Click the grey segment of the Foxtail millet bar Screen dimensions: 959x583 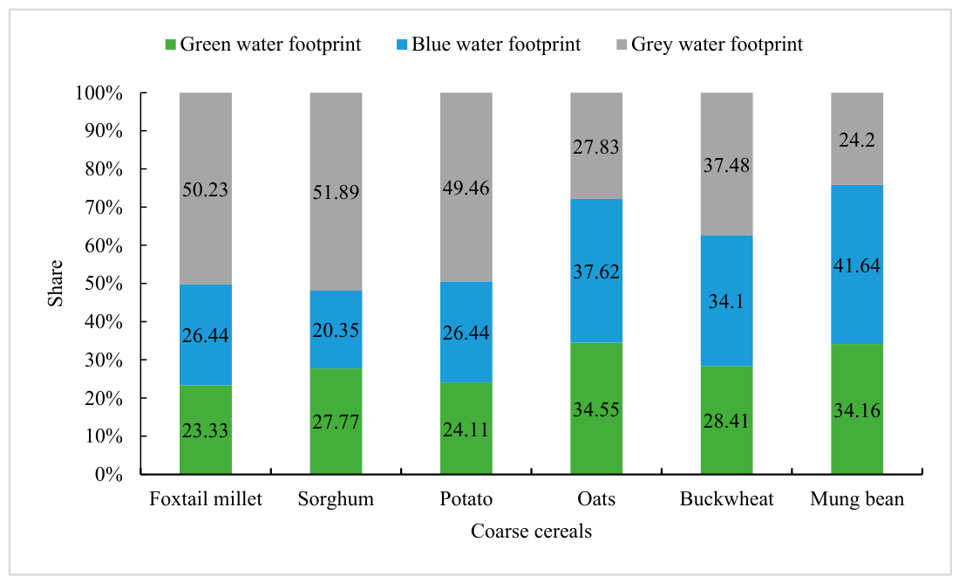pos(206,189)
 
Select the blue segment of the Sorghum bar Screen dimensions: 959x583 pos(336,330)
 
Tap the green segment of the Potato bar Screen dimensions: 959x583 pos(466,428)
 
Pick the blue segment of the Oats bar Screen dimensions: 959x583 pos(596,271)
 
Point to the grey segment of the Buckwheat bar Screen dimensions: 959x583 pos(726,164)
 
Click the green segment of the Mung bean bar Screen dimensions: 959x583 pos(857,409)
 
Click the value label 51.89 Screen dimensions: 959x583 pos(336,192)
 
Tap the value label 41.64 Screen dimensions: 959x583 pos(857,265)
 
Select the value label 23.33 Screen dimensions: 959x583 pos(206,430)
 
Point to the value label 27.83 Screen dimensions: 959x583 pos(596,147)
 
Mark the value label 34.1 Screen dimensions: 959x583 pos(726,301)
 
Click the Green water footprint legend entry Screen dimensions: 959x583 pos(263,45)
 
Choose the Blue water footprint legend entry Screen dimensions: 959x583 pos(489,45)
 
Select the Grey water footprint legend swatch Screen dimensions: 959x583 pos(622,45)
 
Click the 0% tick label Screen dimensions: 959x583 pos(109,474)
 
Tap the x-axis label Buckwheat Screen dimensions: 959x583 pos(726,499)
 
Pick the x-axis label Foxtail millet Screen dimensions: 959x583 pos(206,499)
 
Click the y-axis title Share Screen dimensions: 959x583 pos(56,284)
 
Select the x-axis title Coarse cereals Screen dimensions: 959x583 pos(532,531)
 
